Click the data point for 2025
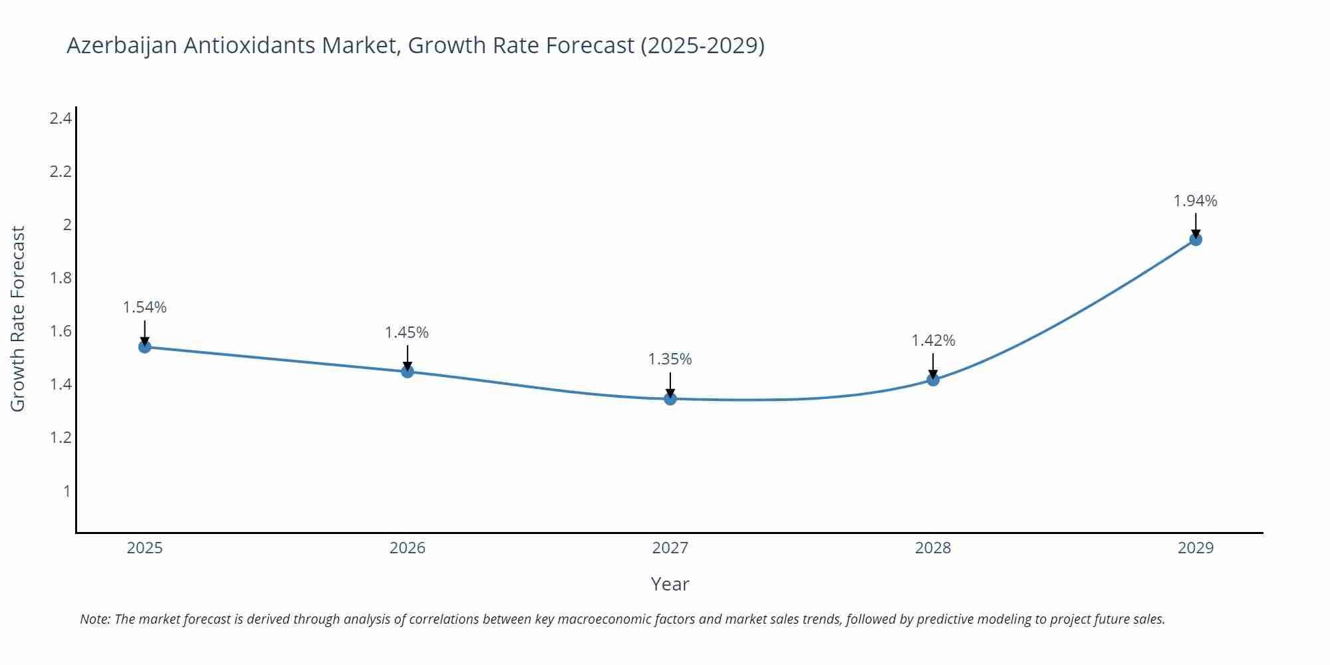click(145, 346)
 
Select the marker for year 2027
click(670, 398)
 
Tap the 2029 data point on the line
click(1196, 239)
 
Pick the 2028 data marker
click(933, 380)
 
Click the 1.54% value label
click(145, 307)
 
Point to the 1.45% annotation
click(407, 332)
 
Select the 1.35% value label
click(670, 359)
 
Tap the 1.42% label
click(933, 340)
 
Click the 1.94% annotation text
click(1195, 201)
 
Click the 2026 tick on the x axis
click(407, 548)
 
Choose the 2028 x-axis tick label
click(933, 548)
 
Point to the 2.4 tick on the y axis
click(61, 118)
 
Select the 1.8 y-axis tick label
click(61, 278)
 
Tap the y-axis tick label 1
click(66, 491)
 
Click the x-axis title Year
click(670, 584)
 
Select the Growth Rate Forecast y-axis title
click(18, 319)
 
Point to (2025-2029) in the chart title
click(702, 45)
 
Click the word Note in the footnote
click(94, 619)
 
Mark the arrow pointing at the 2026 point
click(408, 356)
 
